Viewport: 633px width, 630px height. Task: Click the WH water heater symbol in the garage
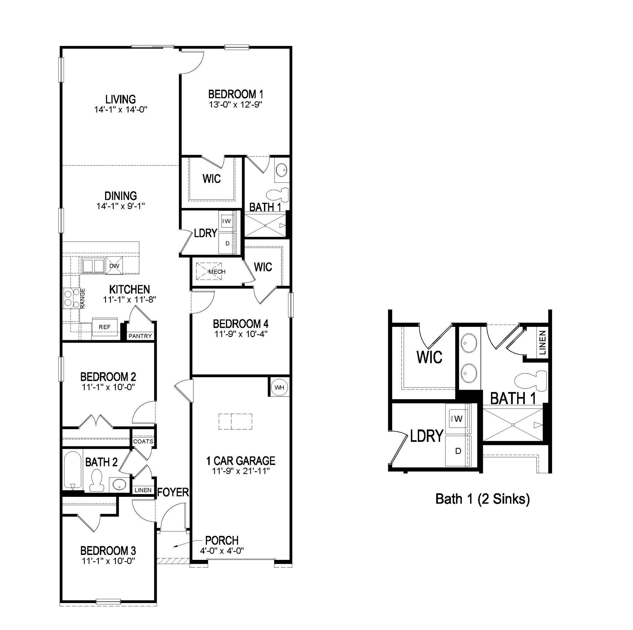coord(279,388)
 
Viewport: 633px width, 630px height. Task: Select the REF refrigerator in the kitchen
coord(104,327)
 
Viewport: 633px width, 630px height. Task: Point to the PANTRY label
coord(140,336)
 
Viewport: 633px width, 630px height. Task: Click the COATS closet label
coord(143,442)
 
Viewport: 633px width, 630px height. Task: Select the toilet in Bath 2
coord(96,480)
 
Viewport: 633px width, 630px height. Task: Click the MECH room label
coord(217,272)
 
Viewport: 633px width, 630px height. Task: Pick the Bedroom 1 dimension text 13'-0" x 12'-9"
coord(236,105)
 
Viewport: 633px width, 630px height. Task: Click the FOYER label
coord(173,492)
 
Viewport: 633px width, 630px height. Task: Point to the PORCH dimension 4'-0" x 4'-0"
coord(222,551)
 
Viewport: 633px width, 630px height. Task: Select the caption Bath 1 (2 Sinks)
coord(482,499)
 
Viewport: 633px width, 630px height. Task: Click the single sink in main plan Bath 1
coord(281,170)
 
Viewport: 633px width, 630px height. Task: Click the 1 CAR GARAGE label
coord(240,461)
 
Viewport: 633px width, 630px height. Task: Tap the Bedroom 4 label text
coord(240,324)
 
